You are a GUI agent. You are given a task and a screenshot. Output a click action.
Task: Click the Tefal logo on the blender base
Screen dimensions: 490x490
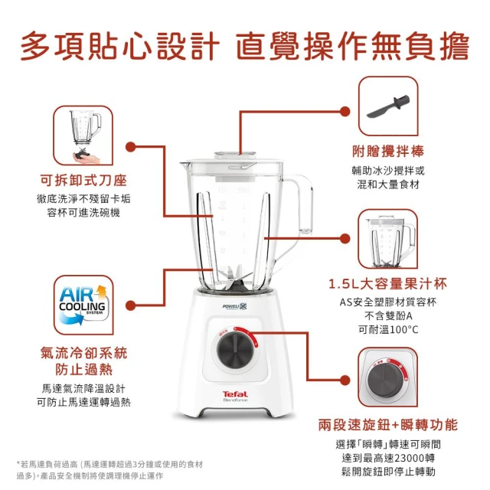click(x=235, y=394)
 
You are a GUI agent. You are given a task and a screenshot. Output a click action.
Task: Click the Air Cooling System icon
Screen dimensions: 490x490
click(x=83, y=305)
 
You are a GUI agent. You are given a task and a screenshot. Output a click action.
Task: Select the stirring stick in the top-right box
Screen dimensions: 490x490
click(x=388, y=106)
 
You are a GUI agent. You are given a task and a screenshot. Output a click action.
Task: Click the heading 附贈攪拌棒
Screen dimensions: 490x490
click(x=388, y=152)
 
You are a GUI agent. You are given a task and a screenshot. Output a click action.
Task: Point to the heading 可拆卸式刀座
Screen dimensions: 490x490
click(x=83, y=180)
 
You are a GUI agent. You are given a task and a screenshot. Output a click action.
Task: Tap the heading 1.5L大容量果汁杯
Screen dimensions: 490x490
click(x=388, y=283)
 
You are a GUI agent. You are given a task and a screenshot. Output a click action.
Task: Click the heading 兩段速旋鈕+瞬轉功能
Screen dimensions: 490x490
click(x=388, y=425)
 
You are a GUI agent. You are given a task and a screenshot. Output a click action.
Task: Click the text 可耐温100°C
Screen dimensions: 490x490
click(x=388, y=329)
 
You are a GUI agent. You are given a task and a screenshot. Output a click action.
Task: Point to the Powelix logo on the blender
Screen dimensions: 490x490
click(x=234, y=306)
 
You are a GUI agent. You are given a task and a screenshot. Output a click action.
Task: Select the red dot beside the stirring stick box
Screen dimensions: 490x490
click(x=345, y=111)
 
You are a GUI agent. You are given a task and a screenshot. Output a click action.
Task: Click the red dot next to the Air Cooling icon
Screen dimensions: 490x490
click(x=131, y=305)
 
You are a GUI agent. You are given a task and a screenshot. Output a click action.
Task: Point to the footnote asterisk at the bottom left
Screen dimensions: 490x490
click(x=18, y=462)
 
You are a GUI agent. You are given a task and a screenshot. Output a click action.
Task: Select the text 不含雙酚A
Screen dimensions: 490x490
click(x=388, y=316)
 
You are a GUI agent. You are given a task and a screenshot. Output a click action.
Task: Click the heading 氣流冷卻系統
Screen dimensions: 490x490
click(x=83, y=353)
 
